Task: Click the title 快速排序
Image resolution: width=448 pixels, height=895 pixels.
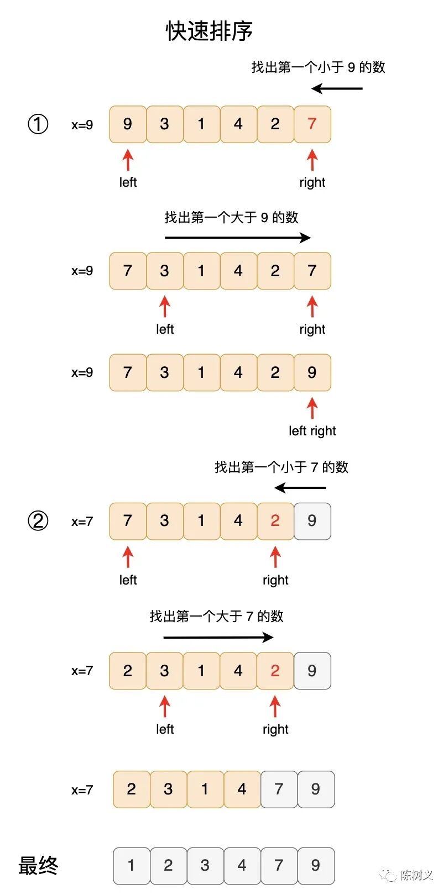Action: click(x=209, y=31)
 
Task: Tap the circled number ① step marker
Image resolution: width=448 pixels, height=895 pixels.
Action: click(x=38, y=124)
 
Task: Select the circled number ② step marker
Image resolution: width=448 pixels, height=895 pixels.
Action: click(x=38, y=521)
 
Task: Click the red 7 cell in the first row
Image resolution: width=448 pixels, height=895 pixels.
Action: click(x=312, y=124)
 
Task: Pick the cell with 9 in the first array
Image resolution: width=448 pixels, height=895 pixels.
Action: click(x=128, y=124)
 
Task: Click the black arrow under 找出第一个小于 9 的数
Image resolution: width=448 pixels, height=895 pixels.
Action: click(x=337, y=88)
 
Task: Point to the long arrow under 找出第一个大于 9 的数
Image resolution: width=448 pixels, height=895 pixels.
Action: click(x=238, y=238)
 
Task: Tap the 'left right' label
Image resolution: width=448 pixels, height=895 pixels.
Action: click(x=312, y=431)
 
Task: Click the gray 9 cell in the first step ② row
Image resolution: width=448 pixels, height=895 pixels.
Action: click(x=312, y=521)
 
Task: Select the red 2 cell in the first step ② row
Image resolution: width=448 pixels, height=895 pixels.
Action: click(x=275, y=521)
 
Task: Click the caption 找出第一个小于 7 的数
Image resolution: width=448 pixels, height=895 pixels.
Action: click(x=282, y=467)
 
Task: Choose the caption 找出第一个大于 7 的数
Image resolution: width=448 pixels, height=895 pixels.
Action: click(x=216, y=617)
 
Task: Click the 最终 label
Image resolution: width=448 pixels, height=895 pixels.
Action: click(x=38, y=865)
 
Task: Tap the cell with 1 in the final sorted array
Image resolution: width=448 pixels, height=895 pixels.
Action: click(x=131, y=866)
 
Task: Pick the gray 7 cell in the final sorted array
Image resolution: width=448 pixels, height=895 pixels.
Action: click(x=279, y=866)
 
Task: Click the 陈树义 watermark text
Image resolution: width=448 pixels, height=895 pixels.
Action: click(x=416, y=875)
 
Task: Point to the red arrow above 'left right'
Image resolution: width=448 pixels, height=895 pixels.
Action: click(x=312, y=408)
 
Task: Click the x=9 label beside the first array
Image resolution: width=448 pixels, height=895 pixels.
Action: click(x=82, y=125)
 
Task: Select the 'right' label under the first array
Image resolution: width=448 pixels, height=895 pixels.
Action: click(x=312, y=182)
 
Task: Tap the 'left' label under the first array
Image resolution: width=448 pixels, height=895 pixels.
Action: click(x=128, y=182)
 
